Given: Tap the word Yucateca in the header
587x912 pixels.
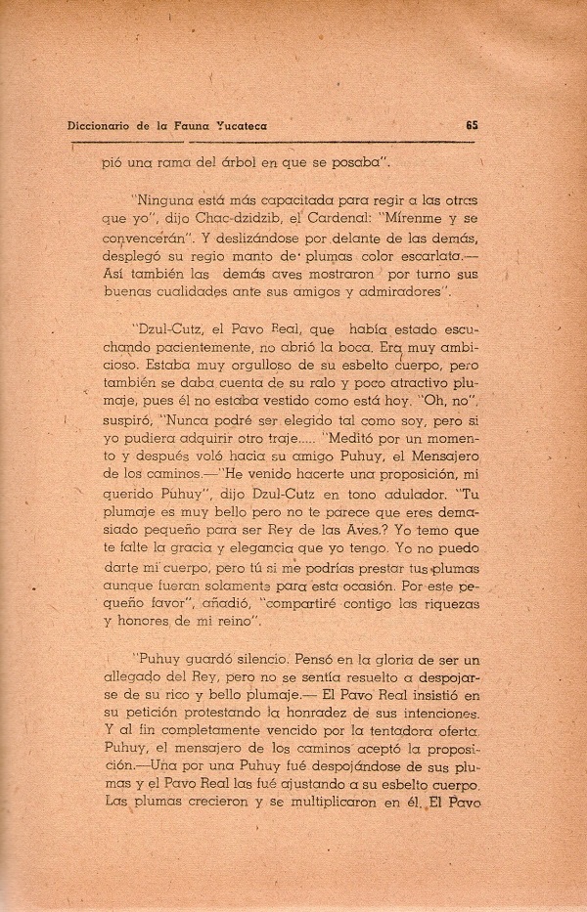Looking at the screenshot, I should tap(234, 125).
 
